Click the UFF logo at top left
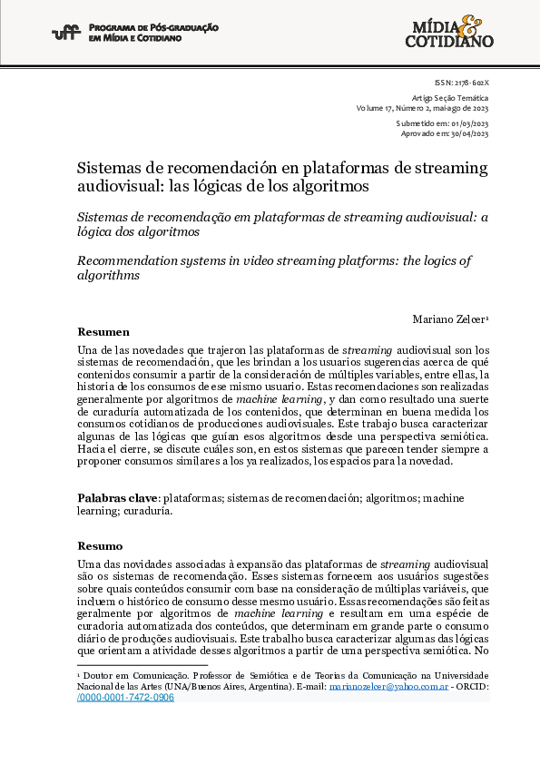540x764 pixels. (x=66, y=34)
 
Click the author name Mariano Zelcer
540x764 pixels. (x=450, y=318)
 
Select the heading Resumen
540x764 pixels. (x=103, y=332)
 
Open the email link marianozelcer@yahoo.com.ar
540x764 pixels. (x=388, y=687)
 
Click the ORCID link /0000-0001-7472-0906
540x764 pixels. (x=125, y=698)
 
